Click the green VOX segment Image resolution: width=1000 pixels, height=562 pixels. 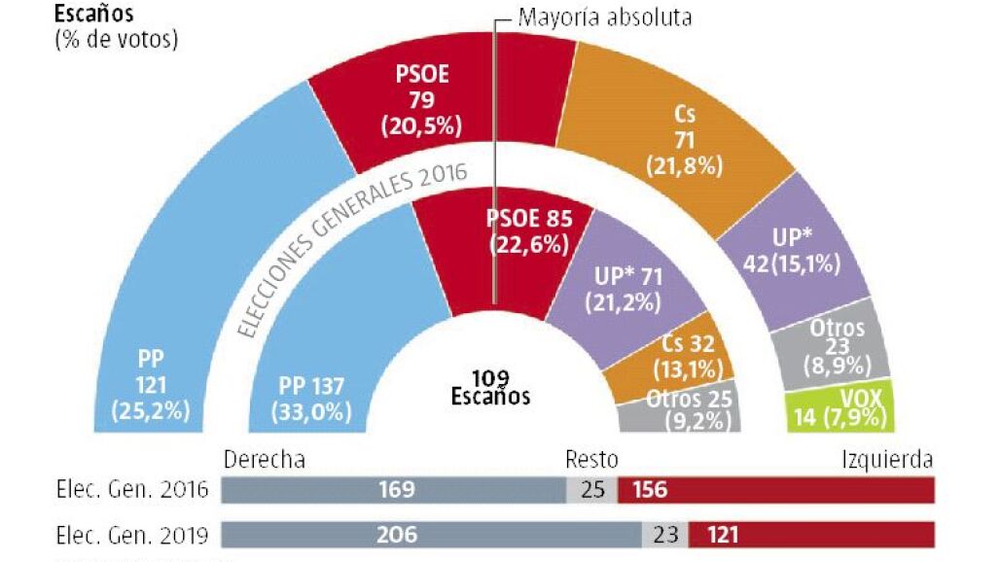(x=840, y=406)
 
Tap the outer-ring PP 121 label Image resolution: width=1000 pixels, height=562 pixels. (x=151, y=385)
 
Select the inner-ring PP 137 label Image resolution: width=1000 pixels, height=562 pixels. (x=311, y=399)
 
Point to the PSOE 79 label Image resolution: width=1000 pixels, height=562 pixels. (x=421, y=100)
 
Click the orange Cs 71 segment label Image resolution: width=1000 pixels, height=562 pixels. (x=684, y=140)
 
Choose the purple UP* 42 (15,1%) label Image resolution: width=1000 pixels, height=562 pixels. (x=792, y=251)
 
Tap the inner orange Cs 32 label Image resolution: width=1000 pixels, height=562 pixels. (x=688, y=356)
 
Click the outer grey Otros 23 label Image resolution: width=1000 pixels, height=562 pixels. (x=838, y=346)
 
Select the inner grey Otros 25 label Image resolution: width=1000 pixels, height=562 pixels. (x=690, y=409)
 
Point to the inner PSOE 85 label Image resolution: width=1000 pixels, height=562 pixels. (x=529, y=231)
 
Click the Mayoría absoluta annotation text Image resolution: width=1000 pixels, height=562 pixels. (x=605, y=18)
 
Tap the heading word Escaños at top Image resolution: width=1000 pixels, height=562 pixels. (x=93, y=14)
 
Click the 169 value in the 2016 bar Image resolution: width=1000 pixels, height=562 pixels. (x=397, y=489)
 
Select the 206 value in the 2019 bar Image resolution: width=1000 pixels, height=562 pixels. (x=397, y=535)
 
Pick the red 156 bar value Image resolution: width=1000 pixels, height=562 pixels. (x=650, y=489)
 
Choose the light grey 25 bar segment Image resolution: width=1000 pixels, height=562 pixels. (x=591, y=489)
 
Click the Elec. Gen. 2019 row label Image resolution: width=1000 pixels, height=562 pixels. (x=132, y=535)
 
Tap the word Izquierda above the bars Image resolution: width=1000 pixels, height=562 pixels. (x=887, y=459)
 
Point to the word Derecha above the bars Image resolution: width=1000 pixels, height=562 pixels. (x=264, y=459)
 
